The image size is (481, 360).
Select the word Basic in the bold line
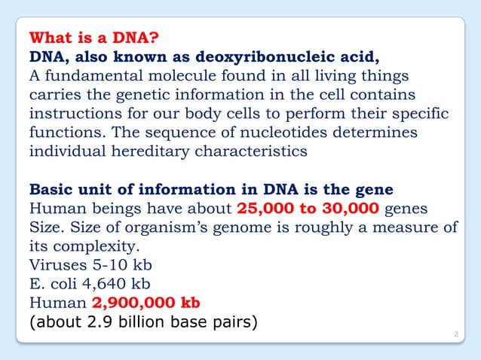point(50,188)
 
